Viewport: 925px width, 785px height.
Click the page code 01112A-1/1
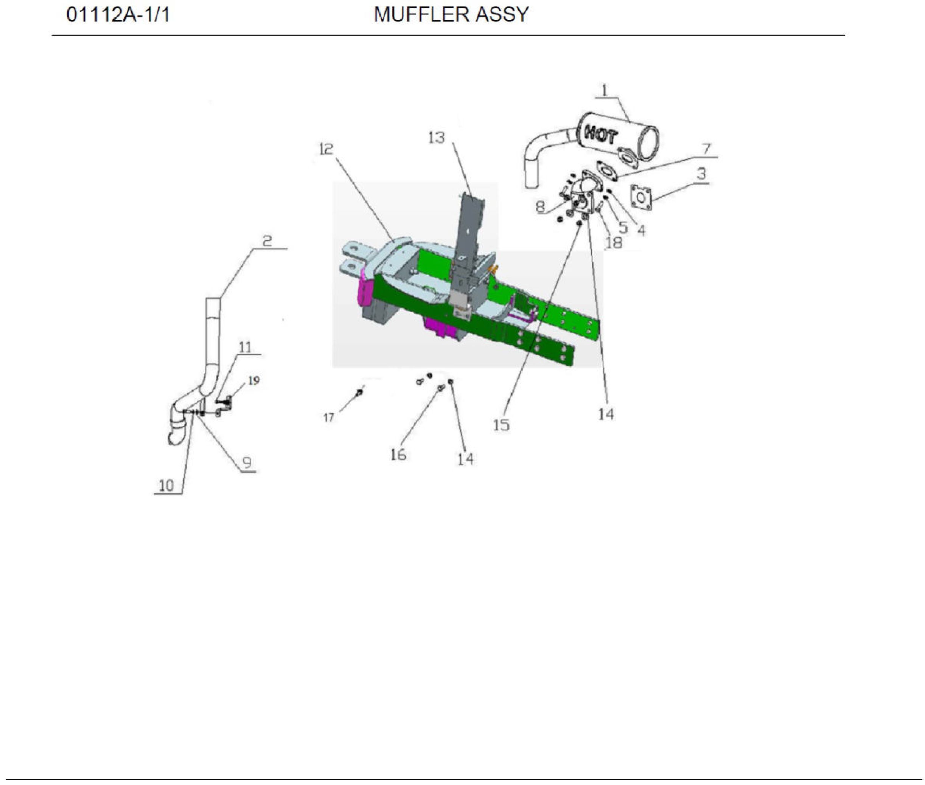click(118, 15)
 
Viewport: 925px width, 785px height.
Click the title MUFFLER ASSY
click(451, 15)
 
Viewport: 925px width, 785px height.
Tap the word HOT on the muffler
click(600, 133)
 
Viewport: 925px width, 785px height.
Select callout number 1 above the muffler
click(604, 90)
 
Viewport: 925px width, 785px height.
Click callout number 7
click(706, 148)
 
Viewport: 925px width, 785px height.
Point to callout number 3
click(701, 174)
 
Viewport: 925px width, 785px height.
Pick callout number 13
click(436, 138)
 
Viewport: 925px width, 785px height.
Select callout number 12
click(326, 149)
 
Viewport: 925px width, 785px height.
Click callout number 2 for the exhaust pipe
click(267, 241)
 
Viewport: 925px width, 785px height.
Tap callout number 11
click(245, 347)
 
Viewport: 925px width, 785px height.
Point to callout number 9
click(247, 463)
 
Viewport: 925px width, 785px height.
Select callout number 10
click(166, 486)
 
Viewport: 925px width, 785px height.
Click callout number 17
click(328, 417)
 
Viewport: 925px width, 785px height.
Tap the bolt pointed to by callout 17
click(359, 392)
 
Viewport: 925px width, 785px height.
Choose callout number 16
click(398, 455)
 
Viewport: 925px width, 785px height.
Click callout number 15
click(501, 425)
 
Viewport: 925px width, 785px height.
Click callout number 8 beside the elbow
click(540, 206)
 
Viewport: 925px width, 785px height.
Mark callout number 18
click(613, 242)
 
